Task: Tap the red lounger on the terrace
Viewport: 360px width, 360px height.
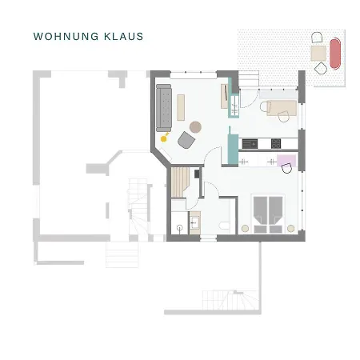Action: pos(334,54)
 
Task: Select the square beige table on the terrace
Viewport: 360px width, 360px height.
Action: pos(318,52)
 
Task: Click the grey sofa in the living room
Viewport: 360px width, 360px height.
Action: pos(164,107)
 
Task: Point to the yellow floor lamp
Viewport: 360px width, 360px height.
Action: pos(164,138)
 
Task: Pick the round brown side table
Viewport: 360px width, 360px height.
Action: pos(195,125)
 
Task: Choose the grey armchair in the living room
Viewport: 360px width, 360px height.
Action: pos(186,140)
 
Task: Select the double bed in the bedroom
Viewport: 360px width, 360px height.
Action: pos(268,212)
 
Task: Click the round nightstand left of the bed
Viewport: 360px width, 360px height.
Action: pos(246,228)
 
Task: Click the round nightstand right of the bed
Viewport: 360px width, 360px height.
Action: pos(291,228)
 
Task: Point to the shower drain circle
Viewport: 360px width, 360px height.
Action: pos(180,227)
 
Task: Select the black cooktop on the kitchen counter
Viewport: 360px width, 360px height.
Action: pos(276,144)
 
